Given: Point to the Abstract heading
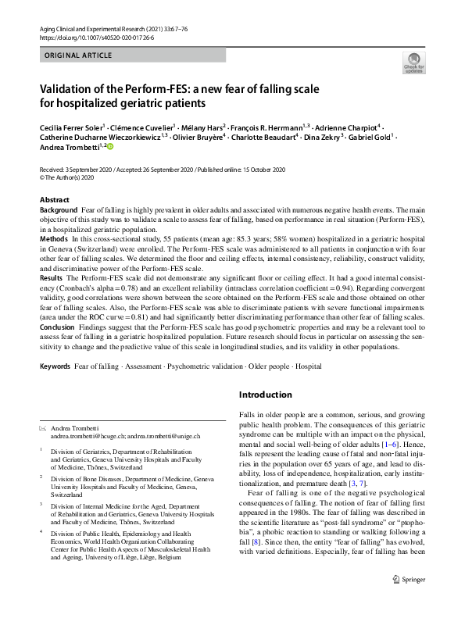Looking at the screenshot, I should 55,200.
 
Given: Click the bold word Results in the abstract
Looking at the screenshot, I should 52,277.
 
